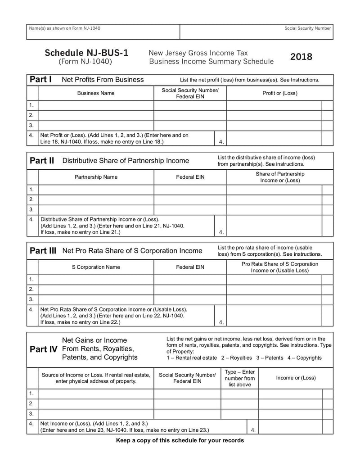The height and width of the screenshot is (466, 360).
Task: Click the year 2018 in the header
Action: click(301, 57)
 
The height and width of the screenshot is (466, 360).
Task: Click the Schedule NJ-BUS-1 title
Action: click(86, 53)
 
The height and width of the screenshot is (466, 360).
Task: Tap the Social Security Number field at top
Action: click(256, 32)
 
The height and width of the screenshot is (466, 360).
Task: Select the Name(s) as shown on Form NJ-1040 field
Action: click(103, 32)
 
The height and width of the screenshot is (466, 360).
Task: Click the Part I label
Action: click(40, 80)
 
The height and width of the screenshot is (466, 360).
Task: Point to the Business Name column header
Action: click(96, 93)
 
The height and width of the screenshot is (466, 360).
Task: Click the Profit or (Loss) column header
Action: click(279, 93)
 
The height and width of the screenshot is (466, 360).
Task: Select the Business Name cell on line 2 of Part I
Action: click(96, 115)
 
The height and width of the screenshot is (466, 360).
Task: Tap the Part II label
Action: click(42, 161)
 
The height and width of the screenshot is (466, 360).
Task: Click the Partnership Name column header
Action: click(96, 177)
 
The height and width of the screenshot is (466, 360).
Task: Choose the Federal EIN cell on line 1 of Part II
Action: click(190, 189)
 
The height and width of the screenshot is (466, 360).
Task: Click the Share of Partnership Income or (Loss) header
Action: click(279, 177)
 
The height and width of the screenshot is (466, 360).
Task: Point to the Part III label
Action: click(43, 251)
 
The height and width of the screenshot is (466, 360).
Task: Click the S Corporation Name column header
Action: click(96, 267)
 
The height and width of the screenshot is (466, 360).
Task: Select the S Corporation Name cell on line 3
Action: click(96, 299)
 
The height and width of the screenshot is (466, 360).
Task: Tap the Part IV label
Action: click(43, 349)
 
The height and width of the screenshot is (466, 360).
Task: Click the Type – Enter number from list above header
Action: click(239, 378)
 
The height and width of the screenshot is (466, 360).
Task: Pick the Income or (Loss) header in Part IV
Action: click(296, 378)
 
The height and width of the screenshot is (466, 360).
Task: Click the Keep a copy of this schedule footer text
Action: click(180, 440)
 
